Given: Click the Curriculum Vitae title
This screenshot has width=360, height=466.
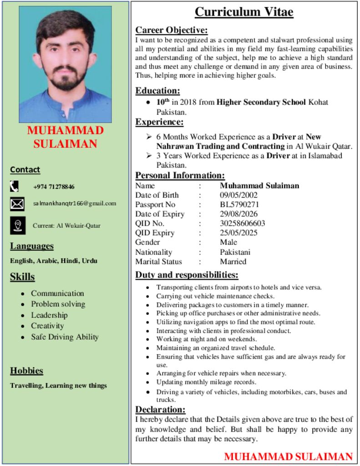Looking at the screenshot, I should tap(244, 12).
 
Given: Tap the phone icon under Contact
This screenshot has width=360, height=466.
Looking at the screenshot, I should tap(15, 186).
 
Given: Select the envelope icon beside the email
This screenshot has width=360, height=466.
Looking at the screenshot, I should tap(17, 204).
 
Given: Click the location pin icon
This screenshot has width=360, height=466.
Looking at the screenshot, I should tap(18, 225).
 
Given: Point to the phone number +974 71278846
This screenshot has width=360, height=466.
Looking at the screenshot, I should tap(54, 187).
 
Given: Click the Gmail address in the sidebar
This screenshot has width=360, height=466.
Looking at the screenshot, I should tap(75, 203).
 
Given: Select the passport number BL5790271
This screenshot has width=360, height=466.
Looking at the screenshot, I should tap(239, 205).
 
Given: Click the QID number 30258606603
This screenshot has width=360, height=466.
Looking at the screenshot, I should tap(242, 223).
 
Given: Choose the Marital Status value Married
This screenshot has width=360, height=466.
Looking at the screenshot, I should tap(233, 262).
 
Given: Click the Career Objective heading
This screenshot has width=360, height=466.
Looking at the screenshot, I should tap(172, 30).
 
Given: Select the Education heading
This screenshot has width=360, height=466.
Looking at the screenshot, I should tap(157, 91).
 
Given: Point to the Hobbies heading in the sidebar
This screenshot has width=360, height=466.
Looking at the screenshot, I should tap(26, 371).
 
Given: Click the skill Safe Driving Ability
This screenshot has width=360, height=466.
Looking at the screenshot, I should tap(65, 337).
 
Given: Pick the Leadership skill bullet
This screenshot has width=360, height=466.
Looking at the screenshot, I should tap(49, 315).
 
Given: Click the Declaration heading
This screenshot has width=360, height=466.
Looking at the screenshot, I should tap(160, 410).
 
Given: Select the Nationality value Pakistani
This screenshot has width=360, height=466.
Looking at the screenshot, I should tap(235, 252).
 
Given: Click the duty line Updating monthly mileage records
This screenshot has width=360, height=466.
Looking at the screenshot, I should tap(206, 382).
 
